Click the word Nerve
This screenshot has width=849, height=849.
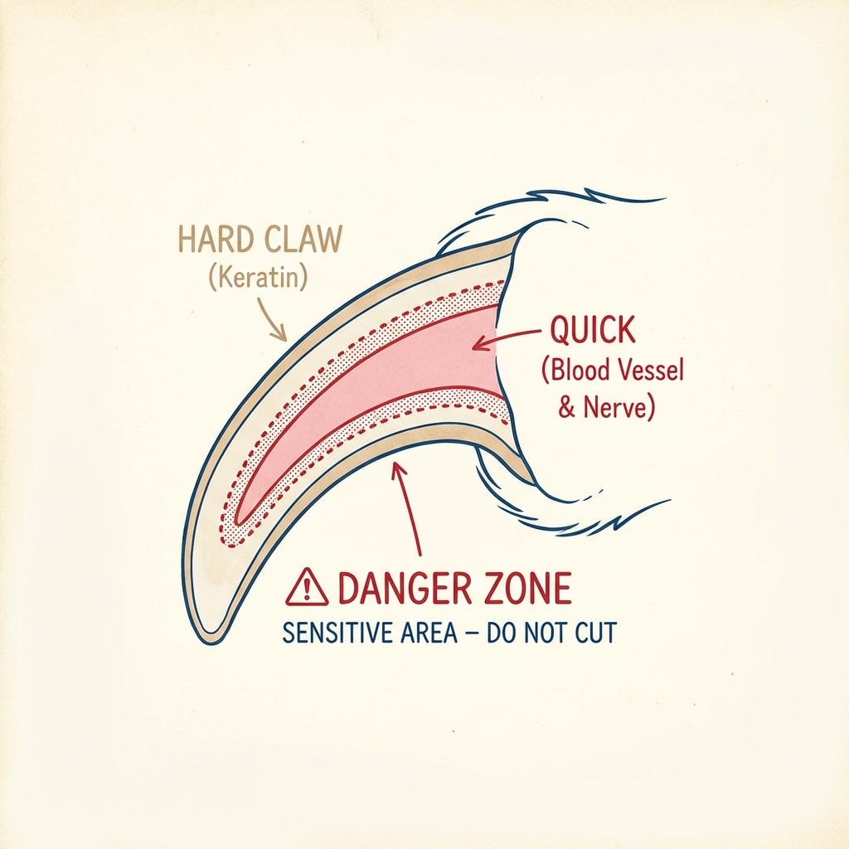click(618, 407)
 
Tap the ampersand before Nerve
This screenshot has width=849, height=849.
click(566, 408)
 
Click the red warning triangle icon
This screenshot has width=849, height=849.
click(307, 588)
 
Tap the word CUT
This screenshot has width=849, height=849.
click(595, 633)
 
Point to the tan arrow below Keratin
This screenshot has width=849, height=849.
click(272, 318)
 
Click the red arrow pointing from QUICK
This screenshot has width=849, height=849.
click(507, 338)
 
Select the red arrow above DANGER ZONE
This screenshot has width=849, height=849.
click(408, 508)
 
